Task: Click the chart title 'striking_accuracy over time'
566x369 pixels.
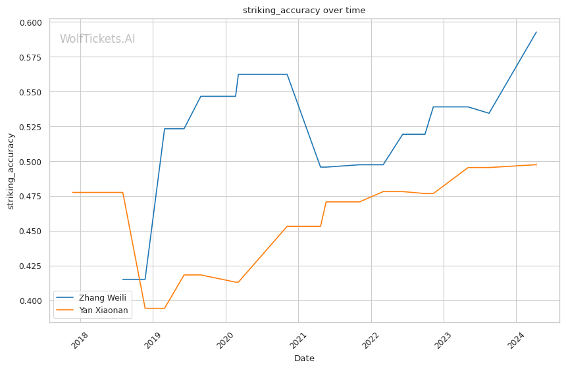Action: pos(304,10)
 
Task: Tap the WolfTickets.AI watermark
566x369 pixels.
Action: pos(97,39)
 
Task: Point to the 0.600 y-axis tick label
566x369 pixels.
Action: pos(31,23)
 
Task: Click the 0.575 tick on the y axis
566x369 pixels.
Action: pos(31,57)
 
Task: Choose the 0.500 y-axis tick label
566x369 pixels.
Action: pos(31,162)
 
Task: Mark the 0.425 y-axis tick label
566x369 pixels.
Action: pos(31,266)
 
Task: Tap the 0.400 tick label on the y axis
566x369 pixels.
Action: pos(31,301)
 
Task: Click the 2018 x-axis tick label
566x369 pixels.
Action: pos(80,341)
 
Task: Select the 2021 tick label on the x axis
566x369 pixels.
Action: pos(297,341)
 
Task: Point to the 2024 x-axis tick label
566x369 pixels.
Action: pos(515,341)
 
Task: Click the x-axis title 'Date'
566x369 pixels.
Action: pos(304,358)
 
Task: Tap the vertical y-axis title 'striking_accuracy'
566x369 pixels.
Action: pos(11,171)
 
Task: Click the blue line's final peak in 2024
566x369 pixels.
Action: pos(536,32)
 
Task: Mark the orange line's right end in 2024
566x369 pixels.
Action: pos(536,164)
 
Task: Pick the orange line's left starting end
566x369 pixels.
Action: pos(73,192)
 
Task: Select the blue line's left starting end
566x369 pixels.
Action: pos(123,279)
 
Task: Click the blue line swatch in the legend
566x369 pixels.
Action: pos(65,297)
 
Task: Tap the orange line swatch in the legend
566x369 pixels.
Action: pos(65,310)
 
